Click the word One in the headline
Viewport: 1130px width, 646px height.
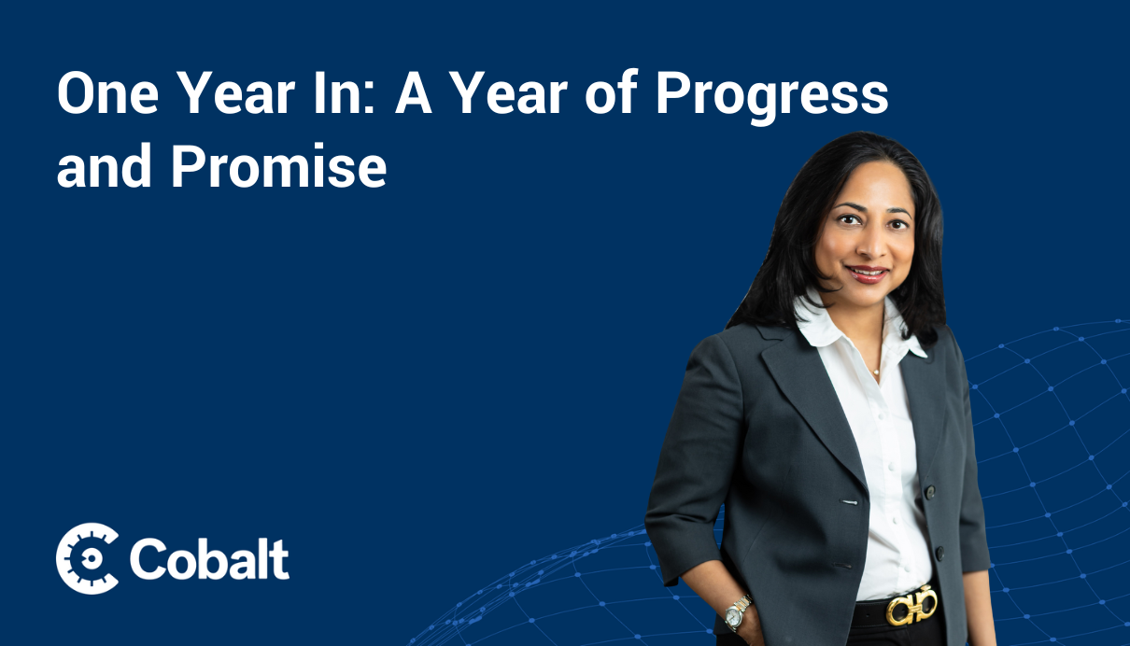pyautogui.click(x=108, y=94)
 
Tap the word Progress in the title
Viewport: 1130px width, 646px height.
pyautogui.click(x=771, y=97)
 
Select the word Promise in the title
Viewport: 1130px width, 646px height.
pyautogui.click(x=279, y=166)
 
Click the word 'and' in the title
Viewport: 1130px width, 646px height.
pyautogui.click(x=104, y=165)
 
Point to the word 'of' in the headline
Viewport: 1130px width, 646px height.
pyautogui.click(x=612, y=92)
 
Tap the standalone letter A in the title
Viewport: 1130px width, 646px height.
pyautogui.click(x=414, y=94)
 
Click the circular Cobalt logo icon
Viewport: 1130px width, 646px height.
pyautogui.click(x=87, y=558)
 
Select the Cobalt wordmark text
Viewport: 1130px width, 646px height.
pyautogui.click(x=209, y=559)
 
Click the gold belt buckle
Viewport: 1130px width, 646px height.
pyautogui.click(x=911, y=605)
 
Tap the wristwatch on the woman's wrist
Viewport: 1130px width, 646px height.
pyautogui.click(x=737, y=612)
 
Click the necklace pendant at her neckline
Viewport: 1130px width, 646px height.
pyautogui.click(x=876, y=372)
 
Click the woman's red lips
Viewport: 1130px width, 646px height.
pyautogui.click(x=868, y=274)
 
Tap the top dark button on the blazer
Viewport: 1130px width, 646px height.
pyautogui.click(x=930, y=491)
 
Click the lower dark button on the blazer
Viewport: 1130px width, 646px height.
pyautogui.click(x=939, y=554)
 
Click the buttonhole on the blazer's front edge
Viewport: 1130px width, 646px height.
pyautogui.click(x=849, y=502)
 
